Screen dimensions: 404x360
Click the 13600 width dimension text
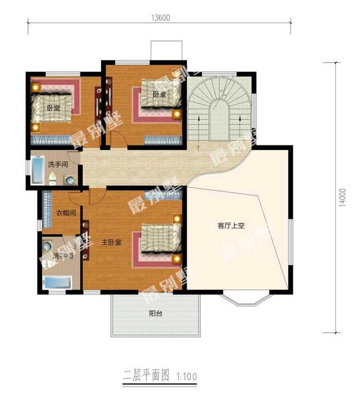click(x=160, y=17)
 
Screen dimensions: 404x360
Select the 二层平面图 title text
click(x=144, y=374)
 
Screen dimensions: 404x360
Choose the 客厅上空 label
click(x=232, y=226)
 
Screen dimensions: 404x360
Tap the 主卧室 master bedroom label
click(x=111, y=242)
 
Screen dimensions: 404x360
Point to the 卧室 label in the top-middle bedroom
click(x=159, y=94)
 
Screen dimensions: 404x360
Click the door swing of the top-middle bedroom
click(x=118, y=140)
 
